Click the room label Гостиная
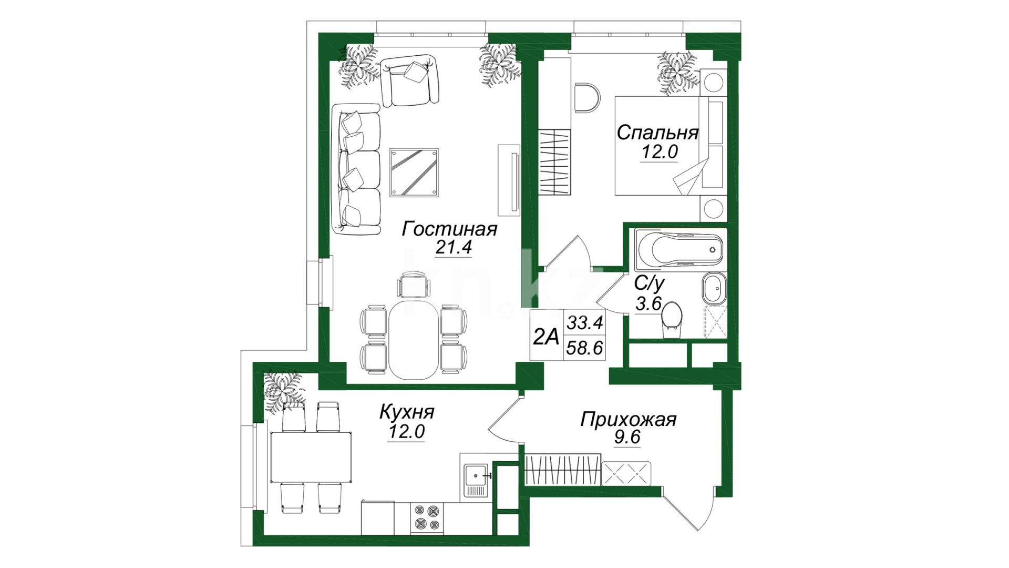click(x=449, y=229)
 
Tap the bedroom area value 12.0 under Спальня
click(x=660, y=151)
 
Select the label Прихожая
click(x=629, y=420)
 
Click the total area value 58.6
click(x=584, y=348)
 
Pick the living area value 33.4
click(x=584, y=322)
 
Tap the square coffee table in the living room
click(x=414, y=173)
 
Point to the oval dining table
click(x=413, y=339)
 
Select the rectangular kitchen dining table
click(x=311, y=457)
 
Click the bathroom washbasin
click(x=714, y=288)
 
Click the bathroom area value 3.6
click(x=648, y=304)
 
